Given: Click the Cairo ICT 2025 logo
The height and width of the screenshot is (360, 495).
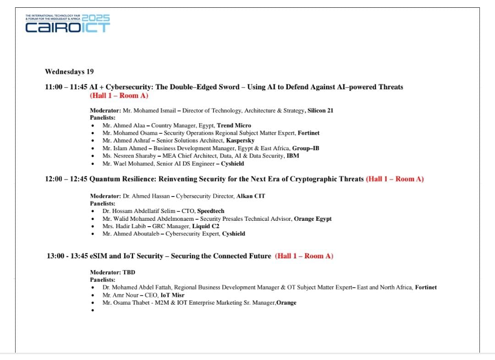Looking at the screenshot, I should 68,23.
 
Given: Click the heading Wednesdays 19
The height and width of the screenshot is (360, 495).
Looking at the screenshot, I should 69,71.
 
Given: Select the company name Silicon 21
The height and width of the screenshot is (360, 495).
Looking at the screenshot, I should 320,110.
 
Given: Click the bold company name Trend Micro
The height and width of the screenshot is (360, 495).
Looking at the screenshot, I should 234,125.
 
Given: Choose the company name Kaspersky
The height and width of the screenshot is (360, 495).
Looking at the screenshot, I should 240,141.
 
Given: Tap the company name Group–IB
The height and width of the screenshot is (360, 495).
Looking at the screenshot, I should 306,148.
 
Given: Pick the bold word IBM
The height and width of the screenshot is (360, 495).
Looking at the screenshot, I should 292,156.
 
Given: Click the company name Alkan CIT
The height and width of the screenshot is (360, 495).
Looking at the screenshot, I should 251,196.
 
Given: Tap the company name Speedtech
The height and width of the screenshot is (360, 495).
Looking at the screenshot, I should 211,211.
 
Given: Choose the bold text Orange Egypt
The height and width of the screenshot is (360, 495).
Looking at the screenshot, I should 313,219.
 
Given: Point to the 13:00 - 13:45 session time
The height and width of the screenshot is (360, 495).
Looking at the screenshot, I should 67,256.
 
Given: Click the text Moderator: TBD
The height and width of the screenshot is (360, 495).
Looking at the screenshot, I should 113,273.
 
